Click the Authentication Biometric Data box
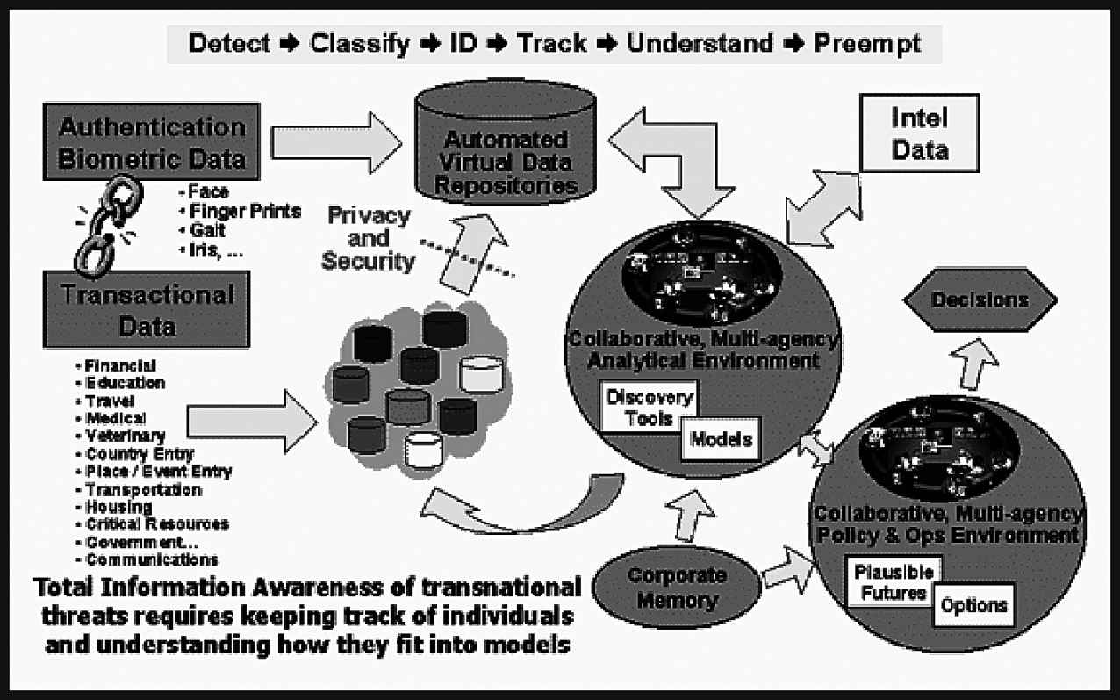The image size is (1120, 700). coord(151,143)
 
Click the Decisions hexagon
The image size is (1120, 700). coord(980,300)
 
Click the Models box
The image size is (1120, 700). coord(721,439)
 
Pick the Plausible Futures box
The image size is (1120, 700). coord(891,581)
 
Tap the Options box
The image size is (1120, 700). coord(973,606)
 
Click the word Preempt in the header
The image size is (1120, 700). coord(867,43)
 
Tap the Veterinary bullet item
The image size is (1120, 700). coord(125,436)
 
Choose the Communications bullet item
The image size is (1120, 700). coord(152,559)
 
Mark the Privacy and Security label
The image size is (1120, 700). coord(367,238)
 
